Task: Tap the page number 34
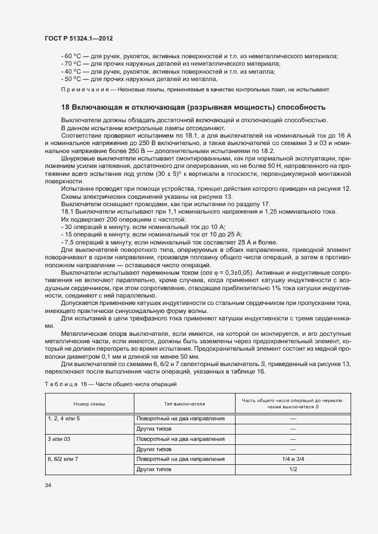pos(47,485)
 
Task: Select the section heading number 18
pos(65,107)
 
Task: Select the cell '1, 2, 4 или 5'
pos(63,418)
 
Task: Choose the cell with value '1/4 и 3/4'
pos(293,459)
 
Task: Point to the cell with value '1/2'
pos(293,469)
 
